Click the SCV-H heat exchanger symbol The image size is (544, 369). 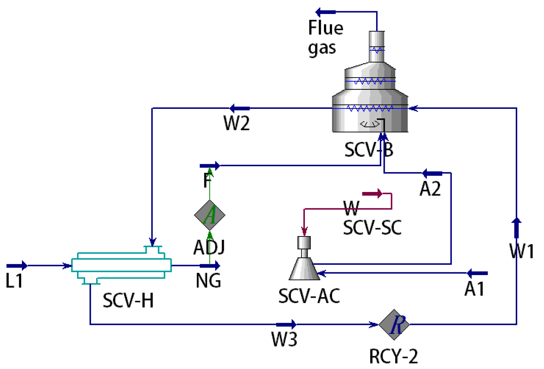click(x=121, y=265)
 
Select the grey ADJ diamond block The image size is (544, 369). click(x=210, y=215)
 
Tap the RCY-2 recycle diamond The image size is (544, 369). click(x=394, y=324)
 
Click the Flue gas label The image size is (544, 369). click(x=325, y=38)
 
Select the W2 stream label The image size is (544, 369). click(x=236, y=123)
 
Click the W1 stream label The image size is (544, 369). click(x=521, y=251)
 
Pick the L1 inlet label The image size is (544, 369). click(x=14, y=281)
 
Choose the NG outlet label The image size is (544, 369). click(x=208, y=281)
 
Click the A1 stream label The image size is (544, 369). click(x=474, y=289)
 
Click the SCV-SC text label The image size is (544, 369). click(x=372, y=228)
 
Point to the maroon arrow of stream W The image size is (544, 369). click(x=372, y=193)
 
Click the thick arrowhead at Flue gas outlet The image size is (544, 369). click(x=325, y=12)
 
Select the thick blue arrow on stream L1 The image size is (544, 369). click(x=17, y=265)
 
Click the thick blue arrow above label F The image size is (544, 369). click(x=210, y=166)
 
